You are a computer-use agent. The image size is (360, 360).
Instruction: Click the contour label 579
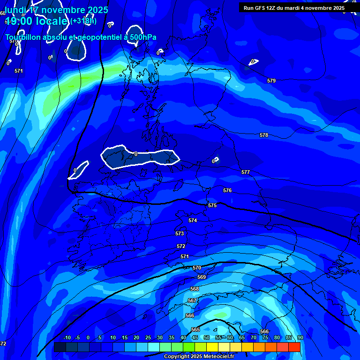pos(271,81)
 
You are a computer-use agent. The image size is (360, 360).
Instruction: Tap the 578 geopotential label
pos(264,135)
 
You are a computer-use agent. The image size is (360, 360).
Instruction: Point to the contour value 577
pos(246,172)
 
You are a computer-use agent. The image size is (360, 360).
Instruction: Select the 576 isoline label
pos(227,190)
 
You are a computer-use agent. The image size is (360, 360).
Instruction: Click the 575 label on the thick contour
pos(212,205)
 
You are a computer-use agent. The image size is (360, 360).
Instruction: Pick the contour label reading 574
pos(193,220)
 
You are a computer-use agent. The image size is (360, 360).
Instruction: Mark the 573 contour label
pos(180,233)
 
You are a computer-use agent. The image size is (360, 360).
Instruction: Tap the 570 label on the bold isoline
pos(197,268)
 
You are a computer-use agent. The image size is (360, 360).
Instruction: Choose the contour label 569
pos(202,277)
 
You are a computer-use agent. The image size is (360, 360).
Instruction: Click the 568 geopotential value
pos(195,289)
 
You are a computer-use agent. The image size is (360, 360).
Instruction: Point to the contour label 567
pos(192,300)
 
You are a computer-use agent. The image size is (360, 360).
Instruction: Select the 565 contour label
pos(195,330)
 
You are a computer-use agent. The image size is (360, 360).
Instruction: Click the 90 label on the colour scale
pos(300,337)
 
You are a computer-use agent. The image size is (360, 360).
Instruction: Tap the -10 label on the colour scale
pos(67,337)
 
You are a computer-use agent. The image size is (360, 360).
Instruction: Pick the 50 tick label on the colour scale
pos(207,337)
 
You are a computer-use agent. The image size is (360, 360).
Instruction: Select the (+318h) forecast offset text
pos(84,21)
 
